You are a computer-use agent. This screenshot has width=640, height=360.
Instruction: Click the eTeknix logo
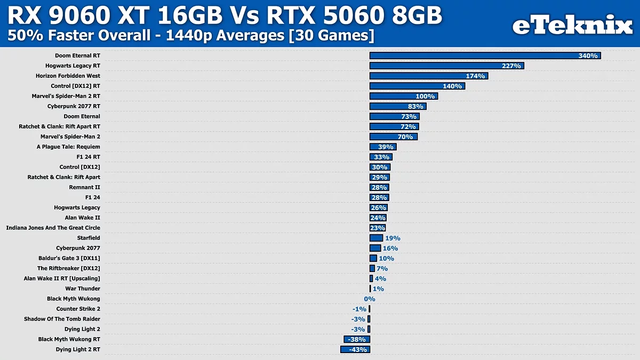[x=572, y=25]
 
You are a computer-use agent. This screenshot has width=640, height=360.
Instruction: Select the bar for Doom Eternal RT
[x=485, y=55]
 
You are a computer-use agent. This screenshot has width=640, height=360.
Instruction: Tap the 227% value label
[x=511, y=66]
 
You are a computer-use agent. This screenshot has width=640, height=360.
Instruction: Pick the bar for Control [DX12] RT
[x=417, y=86]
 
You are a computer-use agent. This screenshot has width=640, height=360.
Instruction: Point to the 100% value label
[x=425, y=97]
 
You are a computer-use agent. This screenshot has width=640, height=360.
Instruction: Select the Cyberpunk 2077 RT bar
[x=397, y=106]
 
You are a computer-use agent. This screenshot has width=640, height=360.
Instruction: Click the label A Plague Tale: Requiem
[x=68, y=147]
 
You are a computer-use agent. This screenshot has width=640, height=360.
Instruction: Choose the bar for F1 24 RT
[x=381, y=157]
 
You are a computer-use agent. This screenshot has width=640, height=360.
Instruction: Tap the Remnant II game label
[x=84, y=187]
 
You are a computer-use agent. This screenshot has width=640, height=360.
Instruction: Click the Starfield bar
[x=376, y=238]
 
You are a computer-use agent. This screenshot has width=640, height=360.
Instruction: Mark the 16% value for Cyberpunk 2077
[x=390, y=249]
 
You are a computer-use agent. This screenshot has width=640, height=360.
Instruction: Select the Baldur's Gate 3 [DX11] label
[x=69, y=258]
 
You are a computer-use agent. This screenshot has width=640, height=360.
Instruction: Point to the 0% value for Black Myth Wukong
[x=370, y=299]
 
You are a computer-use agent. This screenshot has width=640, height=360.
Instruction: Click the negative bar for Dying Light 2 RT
[x=355, y=349]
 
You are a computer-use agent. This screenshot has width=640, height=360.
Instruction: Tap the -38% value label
[x=357, y=339]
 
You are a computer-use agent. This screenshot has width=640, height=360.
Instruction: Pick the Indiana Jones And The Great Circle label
[x=53, y=228]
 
